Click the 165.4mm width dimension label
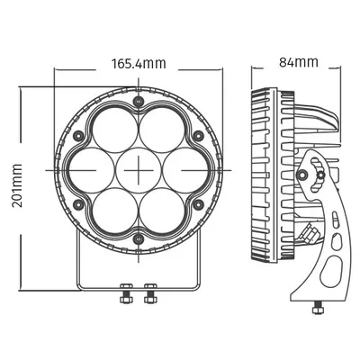coord(139,64)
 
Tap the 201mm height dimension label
coord(17,185)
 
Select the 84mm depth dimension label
coord(299,62)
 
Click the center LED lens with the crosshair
coord(139,170)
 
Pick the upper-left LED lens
coord(115,130)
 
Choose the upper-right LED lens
coord(162,130)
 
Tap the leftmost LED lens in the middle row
coord(91,170)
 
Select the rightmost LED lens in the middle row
coord(185,170)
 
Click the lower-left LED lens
coord(115,211)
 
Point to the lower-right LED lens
coord(162,211)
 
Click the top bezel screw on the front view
coord(139,101)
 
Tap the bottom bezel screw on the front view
coord(139,239)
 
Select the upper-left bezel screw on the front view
coord(79,136)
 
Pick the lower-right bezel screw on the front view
coord(198,204)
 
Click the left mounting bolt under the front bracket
coord(124,293)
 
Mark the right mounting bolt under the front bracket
coord(149,293)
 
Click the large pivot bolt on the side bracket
coord(303,174)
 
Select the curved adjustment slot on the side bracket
coord(317,175)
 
